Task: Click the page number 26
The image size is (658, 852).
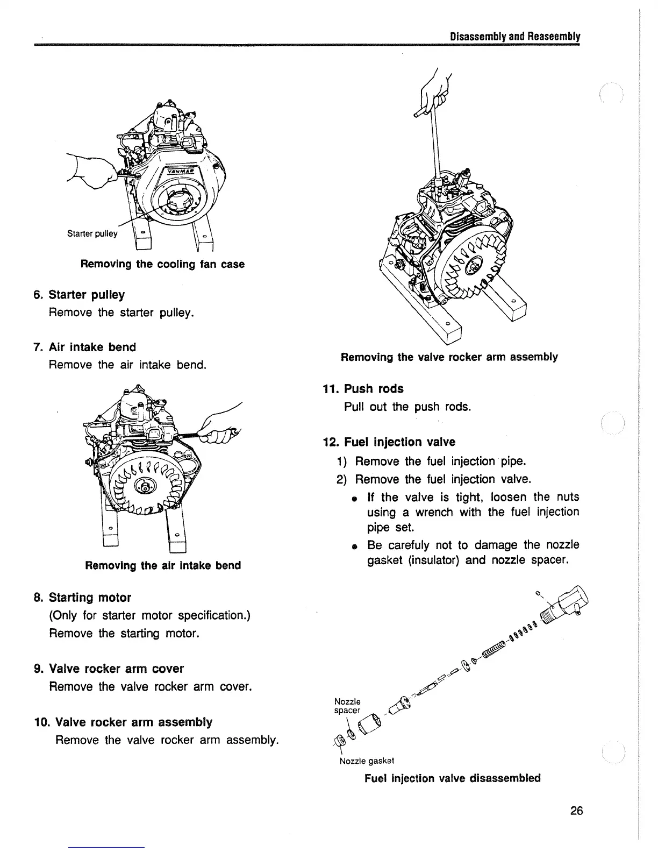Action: click(x=576, y=811)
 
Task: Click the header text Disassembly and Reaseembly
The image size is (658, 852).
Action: click(x=514, y=37)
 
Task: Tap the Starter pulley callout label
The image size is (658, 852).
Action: click(x=92, y=233)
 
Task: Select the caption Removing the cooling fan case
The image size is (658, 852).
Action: click(x=162, y=264)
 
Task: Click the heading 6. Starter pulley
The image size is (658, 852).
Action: click(x=86, y=295)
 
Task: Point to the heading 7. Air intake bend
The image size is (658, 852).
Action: click(x=92, y=347)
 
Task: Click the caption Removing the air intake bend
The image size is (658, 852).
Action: click(x=163, y=565)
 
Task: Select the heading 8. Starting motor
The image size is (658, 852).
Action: click(x=89, y=598)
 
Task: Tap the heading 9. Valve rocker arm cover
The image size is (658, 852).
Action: click(x=116, y=669)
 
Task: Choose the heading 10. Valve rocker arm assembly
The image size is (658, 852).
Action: click(x=133, y=722)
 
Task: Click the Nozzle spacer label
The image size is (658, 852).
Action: click(x=347, y=706)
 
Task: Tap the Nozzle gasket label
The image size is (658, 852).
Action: click(x=367, y=761)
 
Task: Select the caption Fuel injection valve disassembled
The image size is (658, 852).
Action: click(x=453, y=778)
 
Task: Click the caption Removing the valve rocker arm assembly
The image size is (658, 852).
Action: click(x=449, y=357)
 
